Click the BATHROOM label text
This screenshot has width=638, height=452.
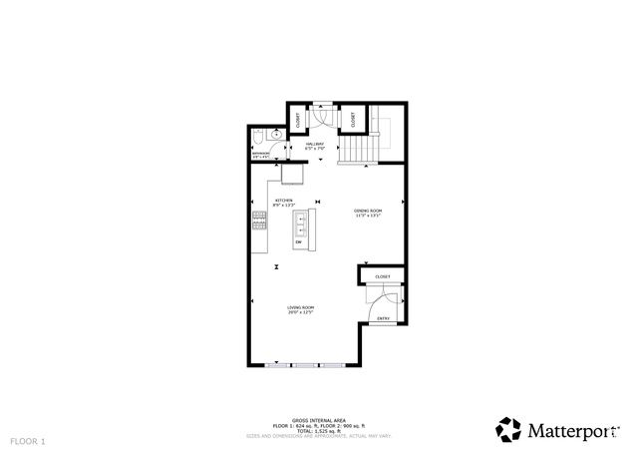click(261, 155)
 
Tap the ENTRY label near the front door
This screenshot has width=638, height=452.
click(383, 318)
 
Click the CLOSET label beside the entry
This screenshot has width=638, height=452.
click(383, 276)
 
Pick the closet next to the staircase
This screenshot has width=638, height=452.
click(352, 119)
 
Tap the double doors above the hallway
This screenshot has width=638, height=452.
click(323, 115)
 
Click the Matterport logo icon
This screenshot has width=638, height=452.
click(508, 429)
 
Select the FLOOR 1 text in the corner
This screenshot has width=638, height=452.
click(28, 440)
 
